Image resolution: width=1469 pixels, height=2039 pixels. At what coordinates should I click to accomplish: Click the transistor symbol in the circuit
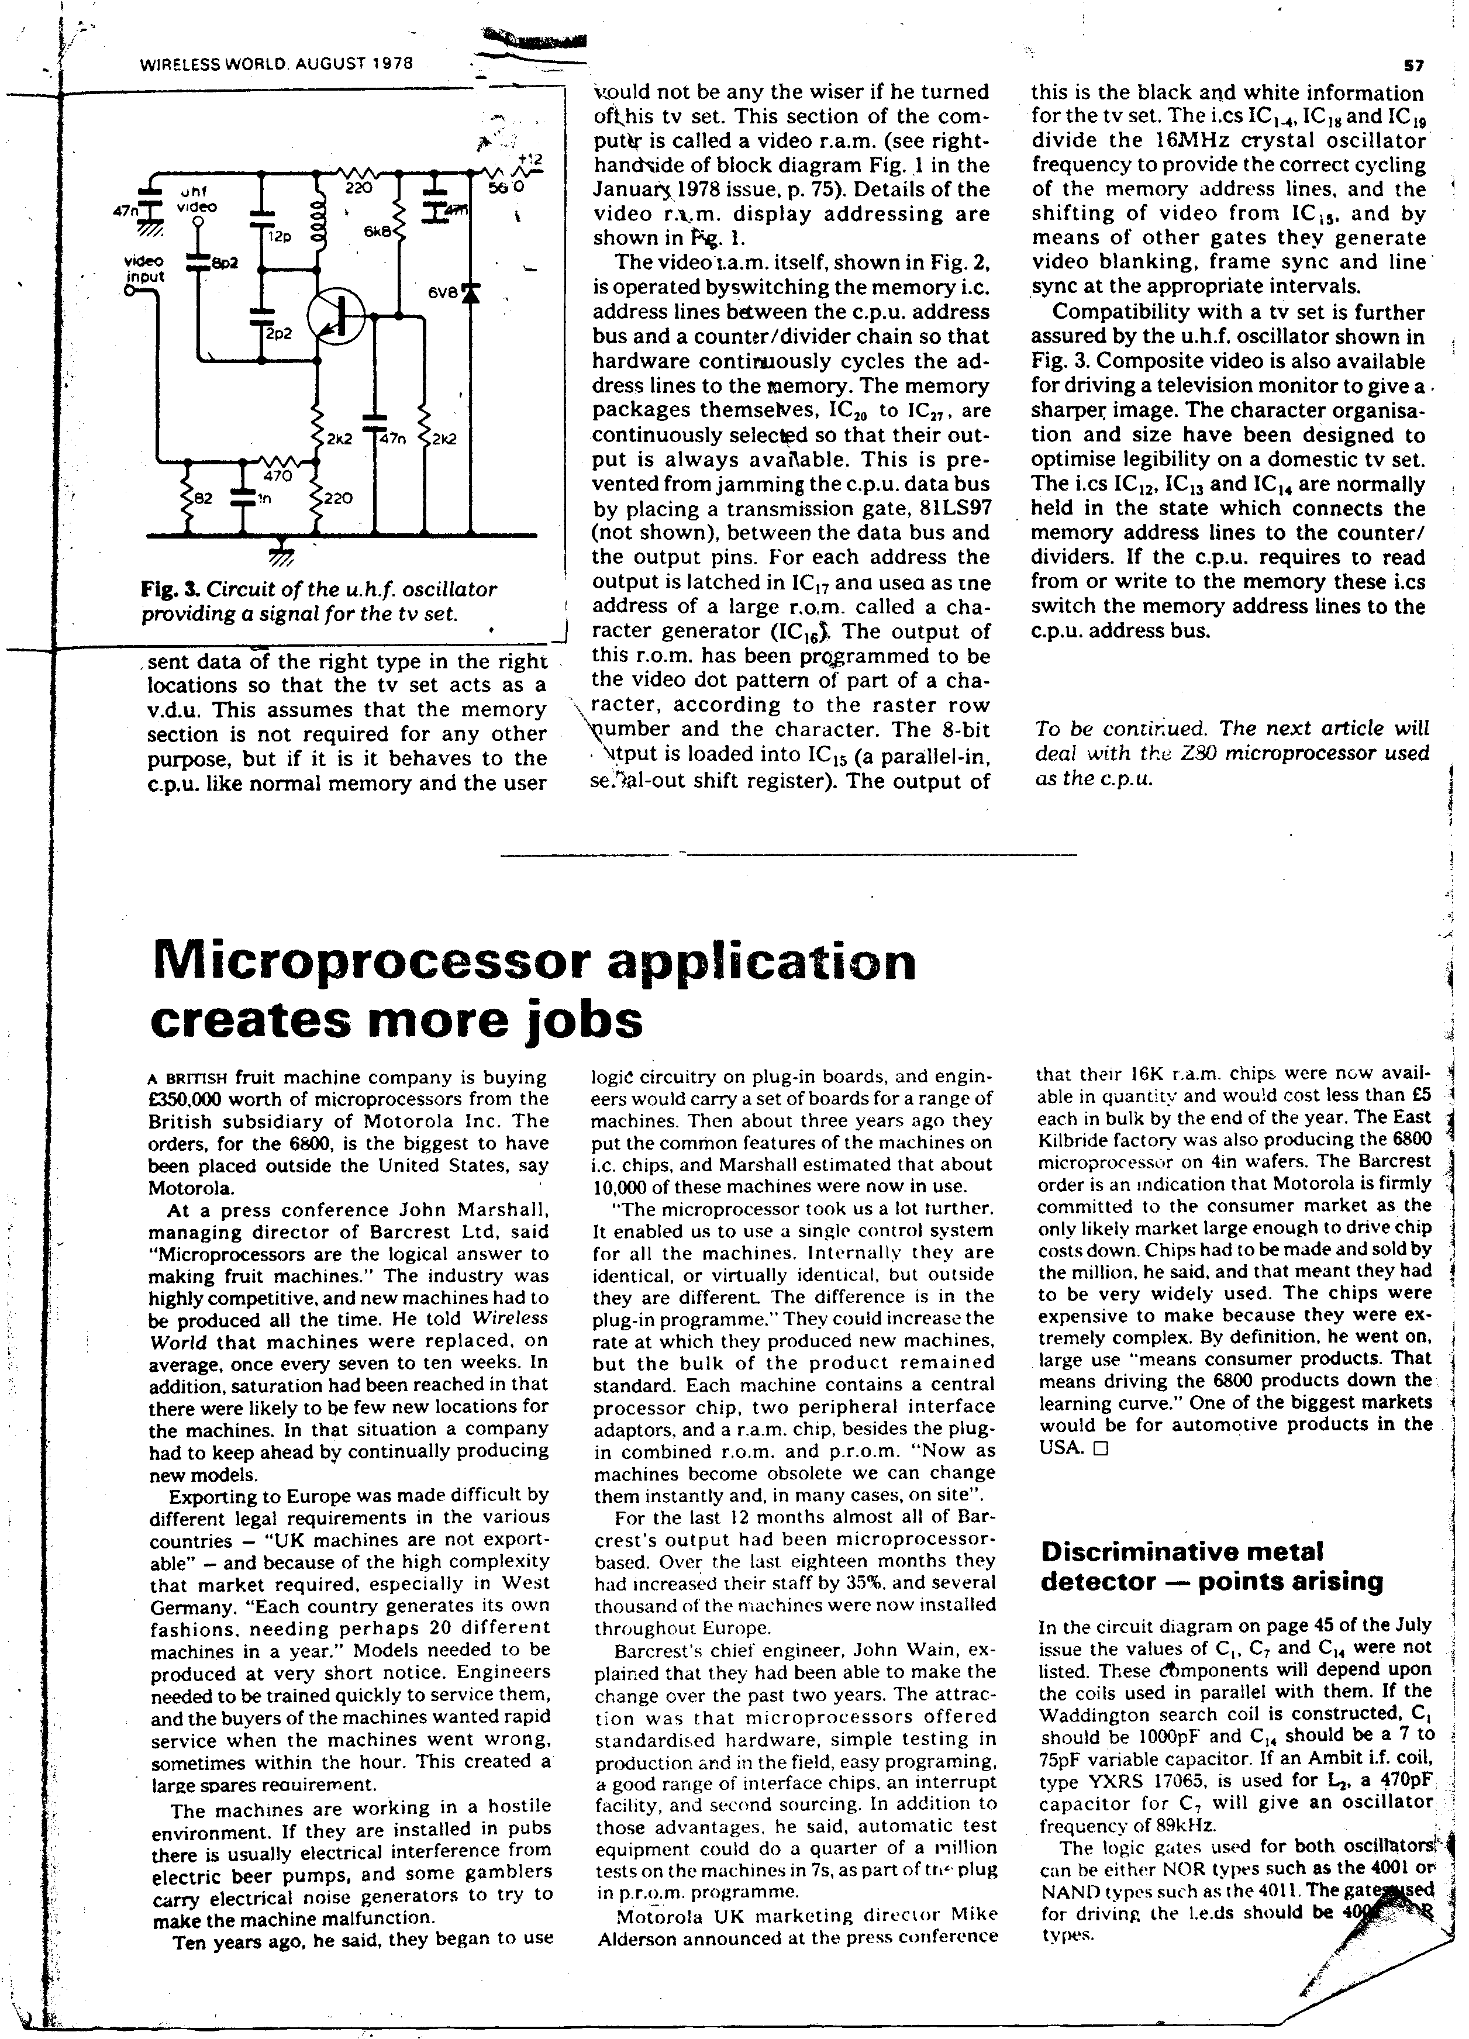335,316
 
